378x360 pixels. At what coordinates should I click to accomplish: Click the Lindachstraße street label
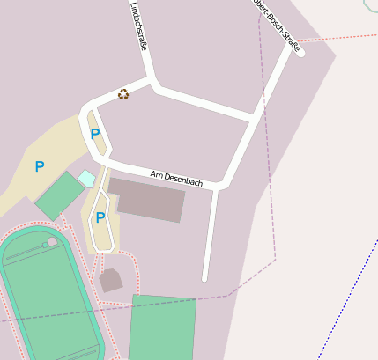(137, 26)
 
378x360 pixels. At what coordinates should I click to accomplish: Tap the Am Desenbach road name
(176, 178)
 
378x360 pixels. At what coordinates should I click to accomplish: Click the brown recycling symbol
(123, 93)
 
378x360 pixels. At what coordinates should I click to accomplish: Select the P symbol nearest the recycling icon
(95, 135)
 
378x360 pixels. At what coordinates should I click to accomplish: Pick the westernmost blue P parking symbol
(39, 166)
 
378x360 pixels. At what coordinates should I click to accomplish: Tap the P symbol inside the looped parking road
(100, 217)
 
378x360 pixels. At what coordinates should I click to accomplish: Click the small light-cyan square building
(86, 179)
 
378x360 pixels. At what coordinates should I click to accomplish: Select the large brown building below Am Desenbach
(150, 200)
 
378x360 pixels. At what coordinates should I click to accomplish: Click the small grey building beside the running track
(111, 281)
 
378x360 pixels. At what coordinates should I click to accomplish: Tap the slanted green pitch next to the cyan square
(59, 195)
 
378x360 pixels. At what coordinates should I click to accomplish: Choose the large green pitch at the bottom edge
(162, 327)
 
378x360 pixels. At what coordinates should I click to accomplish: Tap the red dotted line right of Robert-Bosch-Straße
(344, 38)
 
